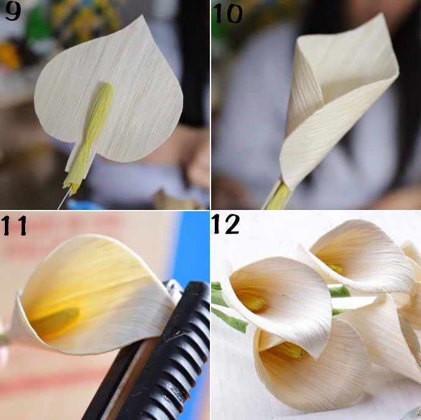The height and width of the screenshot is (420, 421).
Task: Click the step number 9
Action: (13, 12)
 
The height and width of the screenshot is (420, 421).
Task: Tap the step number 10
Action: (228, 13)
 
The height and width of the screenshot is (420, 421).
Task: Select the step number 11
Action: (14, 225)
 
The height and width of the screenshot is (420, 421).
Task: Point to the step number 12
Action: (226, 224)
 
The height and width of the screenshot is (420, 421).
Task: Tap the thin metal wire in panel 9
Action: (64, 198)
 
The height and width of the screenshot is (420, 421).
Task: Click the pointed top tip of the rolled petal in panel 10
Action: (382, 15)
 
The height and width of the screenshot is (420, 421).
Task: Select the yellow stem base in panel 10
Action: (278, 197)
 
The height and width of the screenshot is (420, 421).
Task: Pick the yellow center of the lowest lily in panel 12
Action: (290, 350)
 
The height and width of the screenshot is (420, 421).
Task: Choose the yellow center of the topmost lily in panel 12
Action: (335, 269)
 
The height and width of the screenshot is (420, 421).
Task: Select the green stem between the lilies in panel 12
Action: (340, 291)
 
